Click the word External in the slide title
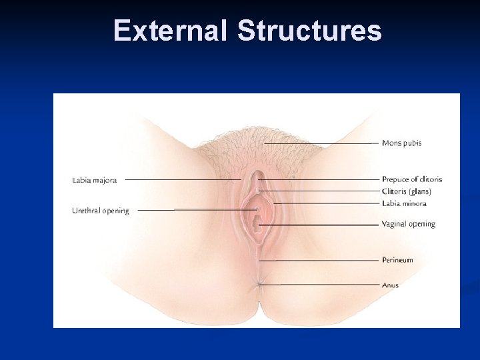click(x=171, y=31)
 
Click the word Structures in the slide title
click(x=309, y=31)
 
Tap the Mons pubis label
click(x=401, y=143)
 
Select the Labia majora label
click(x=95, y=179)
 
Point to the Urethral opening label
click(x=101, y=211)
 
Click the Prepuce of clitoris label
click(x=412, y=179)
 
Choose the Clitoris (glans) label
click(x=407, y=191)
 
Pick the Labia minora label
click(x=404, y=203)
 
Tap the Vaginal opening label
click(x=409, y=224)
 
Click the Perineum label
click(x=397, y=260)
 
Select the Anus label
click(x=390, y=285)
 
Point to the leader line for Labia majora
click(x=183, y=179)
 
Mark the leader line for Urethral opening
click(x=193, y=210)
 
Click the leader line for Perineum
click(x=320, y=260)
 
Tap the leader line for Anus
click(x=320, y=285)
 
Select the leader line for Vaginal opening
click(x=320, y=225)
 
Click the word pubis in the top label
click(x=412, y=143)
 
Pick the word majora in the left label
click(x=105, y=180)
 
